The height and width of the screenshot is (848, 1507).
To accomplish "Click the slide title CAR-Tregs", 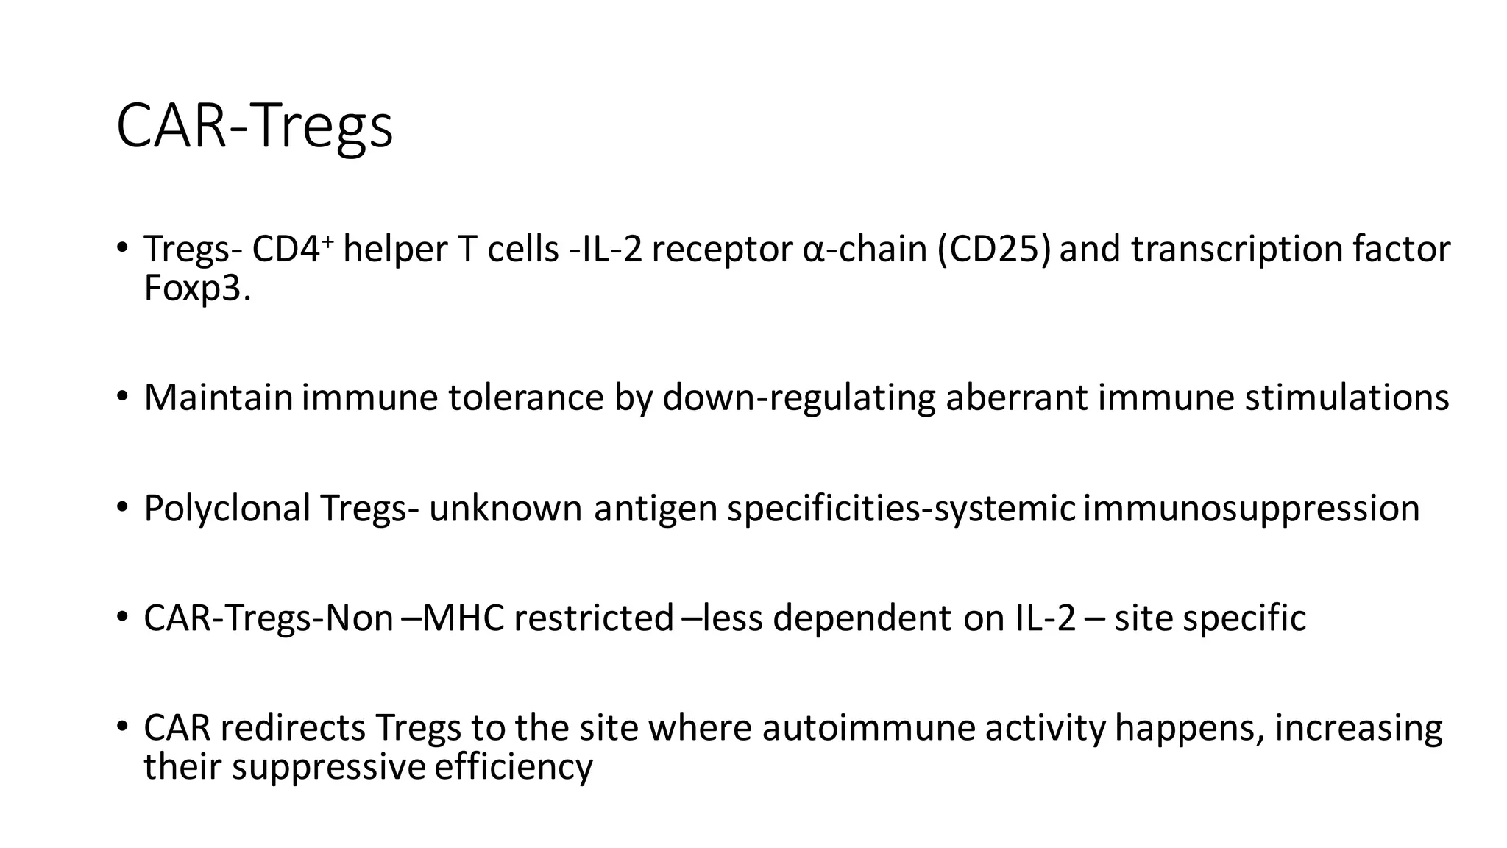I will pyautogui.click(x=255, y=127).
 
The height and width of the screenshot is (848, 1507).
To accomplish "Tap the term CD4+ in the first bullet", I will pyautogui.click(x=287, y=250).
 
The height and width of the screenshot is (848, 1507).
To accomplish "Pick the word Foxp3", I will pyautogui.click(x=196, y=289).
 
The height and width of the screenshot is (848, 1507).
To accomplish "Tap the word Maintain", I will pyautogui.click(x=219, y=398).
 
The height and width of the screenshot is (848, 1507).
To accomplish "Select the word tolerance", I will pyautogui.click(x=526, y=398).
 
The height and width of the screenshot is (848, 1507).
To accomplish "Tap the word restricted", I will pyautogui.click(x=593, y=618).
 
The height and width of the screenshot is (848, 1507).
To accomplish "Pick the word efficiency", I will pyautogui.click(x=514, y=767).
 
